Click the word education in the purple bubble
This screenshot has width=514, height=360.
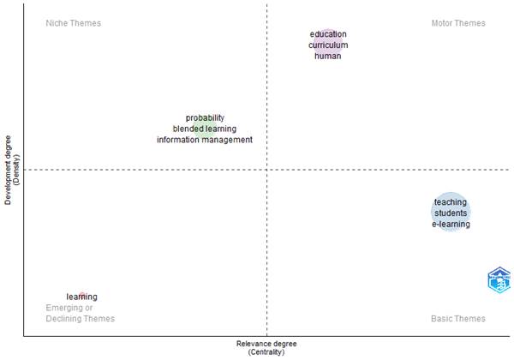click(328, 34)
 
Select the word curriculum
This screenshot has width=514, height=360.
click(328, 45)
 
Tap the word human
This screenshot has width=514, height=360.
click(328, 57)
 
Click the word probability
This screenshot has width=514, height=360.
click(205, 117)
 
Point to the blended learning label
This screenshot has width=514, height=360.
click(205, 129)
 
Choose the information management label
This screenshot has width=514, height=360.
click(205, 140)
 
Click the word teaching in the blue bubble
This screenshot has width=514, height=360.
click(451, 202)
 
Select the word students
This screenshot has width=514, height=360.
click(451, 213)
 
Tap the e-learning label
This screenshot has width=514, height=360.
click(451, 224)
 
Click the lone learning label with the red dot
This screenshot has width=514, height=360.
click(82, 297)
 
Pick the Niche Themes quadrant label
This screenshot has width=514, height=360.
click(73, 23)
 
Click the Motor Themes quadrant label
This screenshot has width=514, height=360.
click(458, 23)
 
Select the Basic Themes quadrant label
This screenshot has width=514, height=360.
click(458, 319)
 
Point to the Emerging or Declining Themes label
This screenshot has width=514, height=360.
click(80, 313)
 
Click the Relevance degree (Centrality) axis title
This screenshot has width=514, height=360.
click(266, 347)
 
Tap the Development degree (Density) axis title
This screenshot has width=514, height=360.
click(11, 169)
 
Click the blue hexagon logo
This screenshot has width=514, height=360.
click(499, 280)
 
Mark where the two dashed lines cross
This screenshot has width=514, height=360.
click(267, 170)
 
